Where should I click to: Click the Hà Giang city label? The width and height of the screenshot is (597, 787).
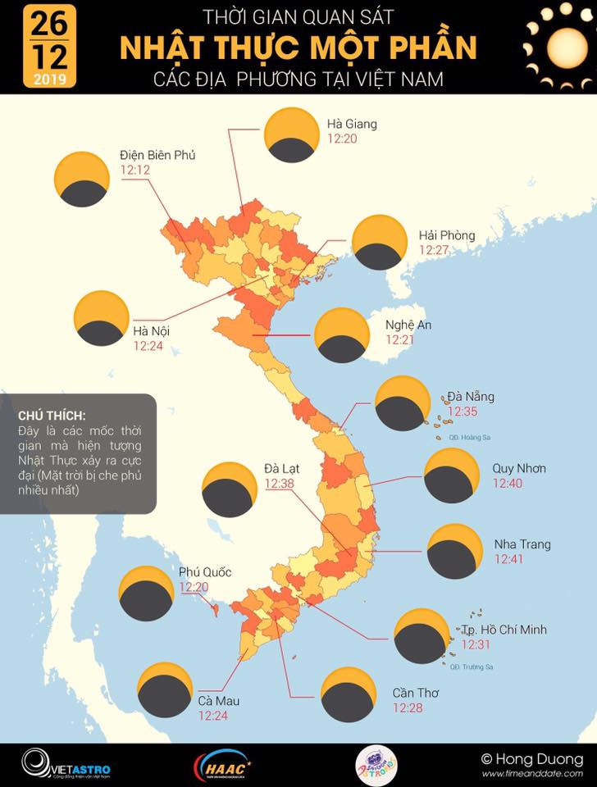tap(352, 125)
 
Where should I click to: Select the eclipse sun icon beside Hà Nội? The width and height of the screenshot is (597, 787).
tap(102, 317)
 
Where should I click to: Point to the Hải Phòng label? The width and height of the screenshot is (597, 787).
tap(446, 236)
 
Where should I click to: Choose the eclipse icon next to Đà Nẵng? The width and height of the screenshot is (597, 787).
tap(402, 403)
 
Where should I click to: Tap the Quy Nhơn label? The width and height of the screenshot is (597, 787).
tap(518, 469)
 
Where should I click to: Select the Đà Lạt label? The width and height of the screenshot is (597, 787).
tap(281, 468)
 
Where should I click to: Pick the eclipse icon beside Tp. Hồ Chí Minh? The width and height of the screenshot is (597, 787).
tap(422, 636)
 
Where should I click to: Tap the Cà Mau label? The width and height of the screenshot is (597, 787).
tap(219, 701)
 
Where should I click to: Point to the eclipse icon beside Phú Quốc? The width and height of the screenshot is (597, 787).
tap(146, 594)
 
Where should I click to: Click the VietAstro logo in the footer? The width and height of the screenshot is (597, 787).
tap(66, 764)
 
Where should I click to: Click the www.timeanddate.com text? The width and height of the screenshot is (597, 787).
tap(531, 774)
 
